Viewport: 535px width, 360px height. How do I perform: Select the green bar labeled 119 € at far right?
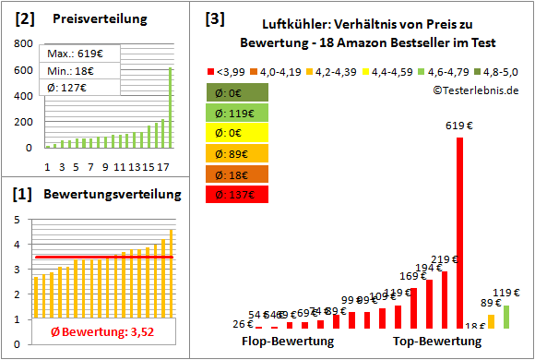pos(505,317)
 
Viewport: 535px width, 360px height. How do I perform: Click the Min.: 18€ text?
pos(71,71)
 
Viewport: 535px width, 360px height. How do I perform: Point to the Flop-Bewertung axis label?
pos(287,342)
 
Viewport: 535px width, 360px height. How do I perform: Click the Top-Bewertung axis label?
pos(437,342)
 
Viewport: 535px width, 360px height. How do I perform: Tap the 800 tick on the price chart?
pos(23,43)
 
